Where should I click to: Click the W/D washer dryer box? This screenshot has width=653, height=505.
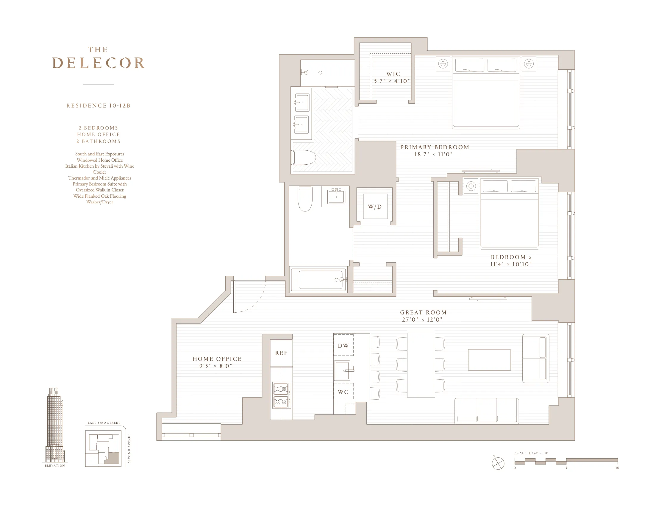[375, 206]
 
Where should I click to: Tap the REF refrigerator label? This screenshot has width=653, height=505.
[281, 353]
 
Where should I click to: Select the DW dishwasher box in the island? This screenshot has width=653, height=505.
[343, 345]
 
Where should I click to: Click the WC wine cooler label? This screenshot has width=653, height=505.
[343, 392]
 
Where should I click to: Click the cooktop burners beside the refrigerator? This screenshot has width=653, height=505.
[281, 395]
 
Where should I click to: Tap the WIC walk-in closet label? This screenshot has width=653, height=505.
[393, 74]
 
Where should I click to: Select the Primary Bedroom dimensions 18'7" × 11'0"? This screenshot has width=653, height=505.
[433, 154]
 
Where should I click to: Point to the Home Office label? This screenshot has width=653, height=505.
[217, 359]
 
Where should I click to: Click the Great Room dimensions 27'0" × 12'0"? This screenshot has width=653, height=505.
[422, 319]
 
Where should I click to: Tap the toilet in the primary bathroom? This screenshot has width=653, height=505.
[304, 158]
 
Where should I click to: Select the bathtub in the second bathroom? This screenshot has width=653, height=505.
[320, 280]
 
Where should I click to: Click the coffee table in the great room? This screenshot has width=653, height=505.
[489, 360]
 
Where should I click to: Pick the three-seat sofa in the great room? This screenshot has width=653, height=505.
[486, 411]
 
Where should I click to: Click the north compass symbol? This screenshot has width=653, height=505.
[498, 463]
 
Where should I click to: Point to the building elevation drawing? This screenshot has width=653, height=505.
[55, 425]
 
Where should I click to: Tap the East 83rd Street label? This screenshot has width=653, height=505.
[104, 423]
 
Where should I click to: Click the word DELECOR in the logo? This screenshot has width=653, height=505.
[99, 63]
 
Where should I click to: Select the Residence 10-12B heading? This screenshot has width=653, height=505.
[99, 106]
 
